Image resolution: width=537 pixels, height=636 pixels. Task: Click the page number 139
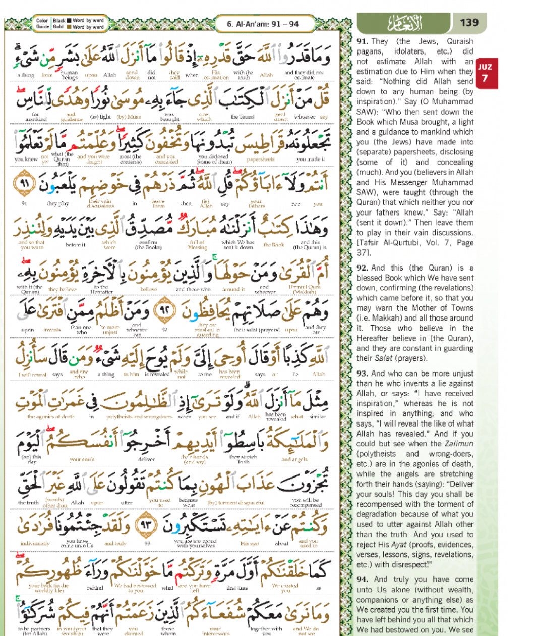(469, 23)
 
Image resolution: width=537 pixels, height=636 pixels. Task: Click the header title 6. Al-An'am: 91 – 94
(263, 24)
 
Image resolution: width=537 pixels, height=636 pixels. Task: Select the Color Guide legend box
(70, 24)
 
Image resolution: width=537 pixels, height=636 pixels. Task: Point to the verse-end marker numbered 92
(164, 311)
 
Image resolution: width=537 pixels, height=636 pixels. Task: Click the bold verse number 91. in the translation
(362, 41)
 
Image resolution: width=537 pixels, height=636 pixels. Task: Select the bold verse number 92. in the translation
(362, 268)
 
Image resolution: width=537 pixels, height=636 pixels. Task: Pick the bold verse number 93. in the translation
(362, 374)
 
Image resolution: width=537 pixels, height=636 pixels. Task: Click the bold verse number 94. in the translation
(362, 580)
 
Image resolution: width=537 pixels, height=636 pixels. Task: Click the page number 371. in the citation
(364, 253)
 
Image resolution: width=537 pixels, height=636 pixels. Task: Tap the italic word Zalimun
(458, 444)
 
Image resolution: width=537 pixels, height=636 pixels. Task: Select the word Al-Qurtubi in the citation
(401, 243)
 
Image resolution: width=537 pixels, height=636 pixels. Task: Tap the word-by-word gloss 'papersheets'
(261, 160)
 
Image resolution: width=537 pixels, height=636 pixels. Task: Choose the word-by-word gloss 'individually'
(35, 544)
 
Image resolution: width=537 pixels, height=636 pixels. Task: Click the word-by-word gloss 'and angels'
(294, 460)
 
